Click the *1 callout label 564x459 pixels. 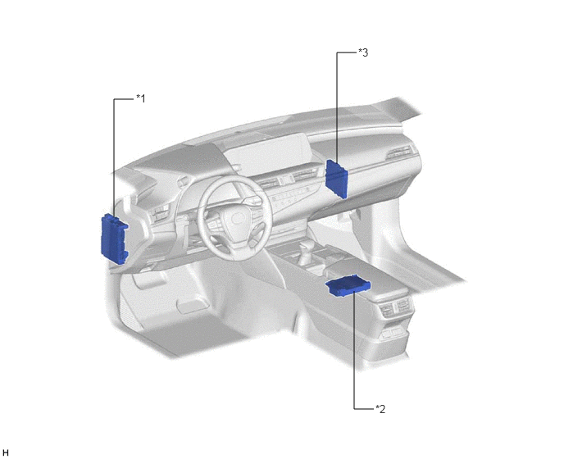click(141, 98)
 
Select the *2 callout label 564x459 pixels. click(380, 409)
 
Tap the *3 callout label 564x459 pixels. click(363, 52)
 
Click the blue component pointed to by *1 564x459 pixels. click(114, 239)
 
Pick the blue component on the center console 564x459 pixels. click(348, 286)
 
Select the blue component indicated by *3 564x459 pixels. click(337, 179)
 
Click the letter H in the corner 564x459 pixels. click(6, 453)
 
